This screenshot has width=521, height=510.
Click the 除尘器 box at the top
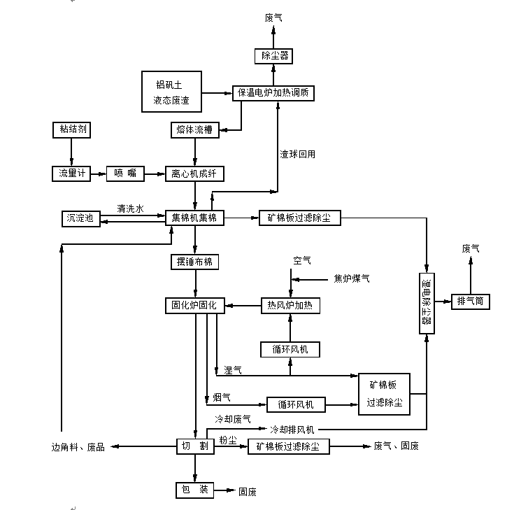point(275,55)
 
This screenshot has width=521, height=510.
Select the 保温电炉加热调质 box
point(278,92)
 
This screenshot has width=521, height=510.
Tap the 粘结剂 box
point(71,130)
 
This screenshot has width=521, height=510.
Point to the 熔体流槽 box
point(194,130)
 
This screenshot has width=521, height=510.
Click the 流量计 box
point(71,173)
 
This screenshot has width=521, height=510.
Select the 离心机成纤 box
point(194,173)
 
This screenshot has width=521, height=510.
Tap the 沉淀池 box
point(80,218)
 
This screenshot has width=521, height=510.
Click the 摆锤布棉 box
point(194,262)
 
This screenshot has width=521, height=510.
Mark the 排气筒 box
point(471,302)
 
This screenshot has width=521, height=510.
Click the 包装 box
point(194,490)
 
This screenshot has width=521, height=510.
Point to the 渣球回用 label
point(297,154)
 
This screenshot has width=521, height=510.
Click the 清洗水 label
point(130,208)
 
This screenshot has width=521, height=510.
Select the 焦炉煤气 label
point(352,279)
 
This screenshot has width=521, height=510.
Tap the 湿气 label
point(233,370)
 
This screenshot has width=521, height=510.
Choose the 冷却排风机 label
point(292,428)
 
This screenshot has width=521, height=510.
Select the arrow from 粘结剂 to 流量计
point(71,151)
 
